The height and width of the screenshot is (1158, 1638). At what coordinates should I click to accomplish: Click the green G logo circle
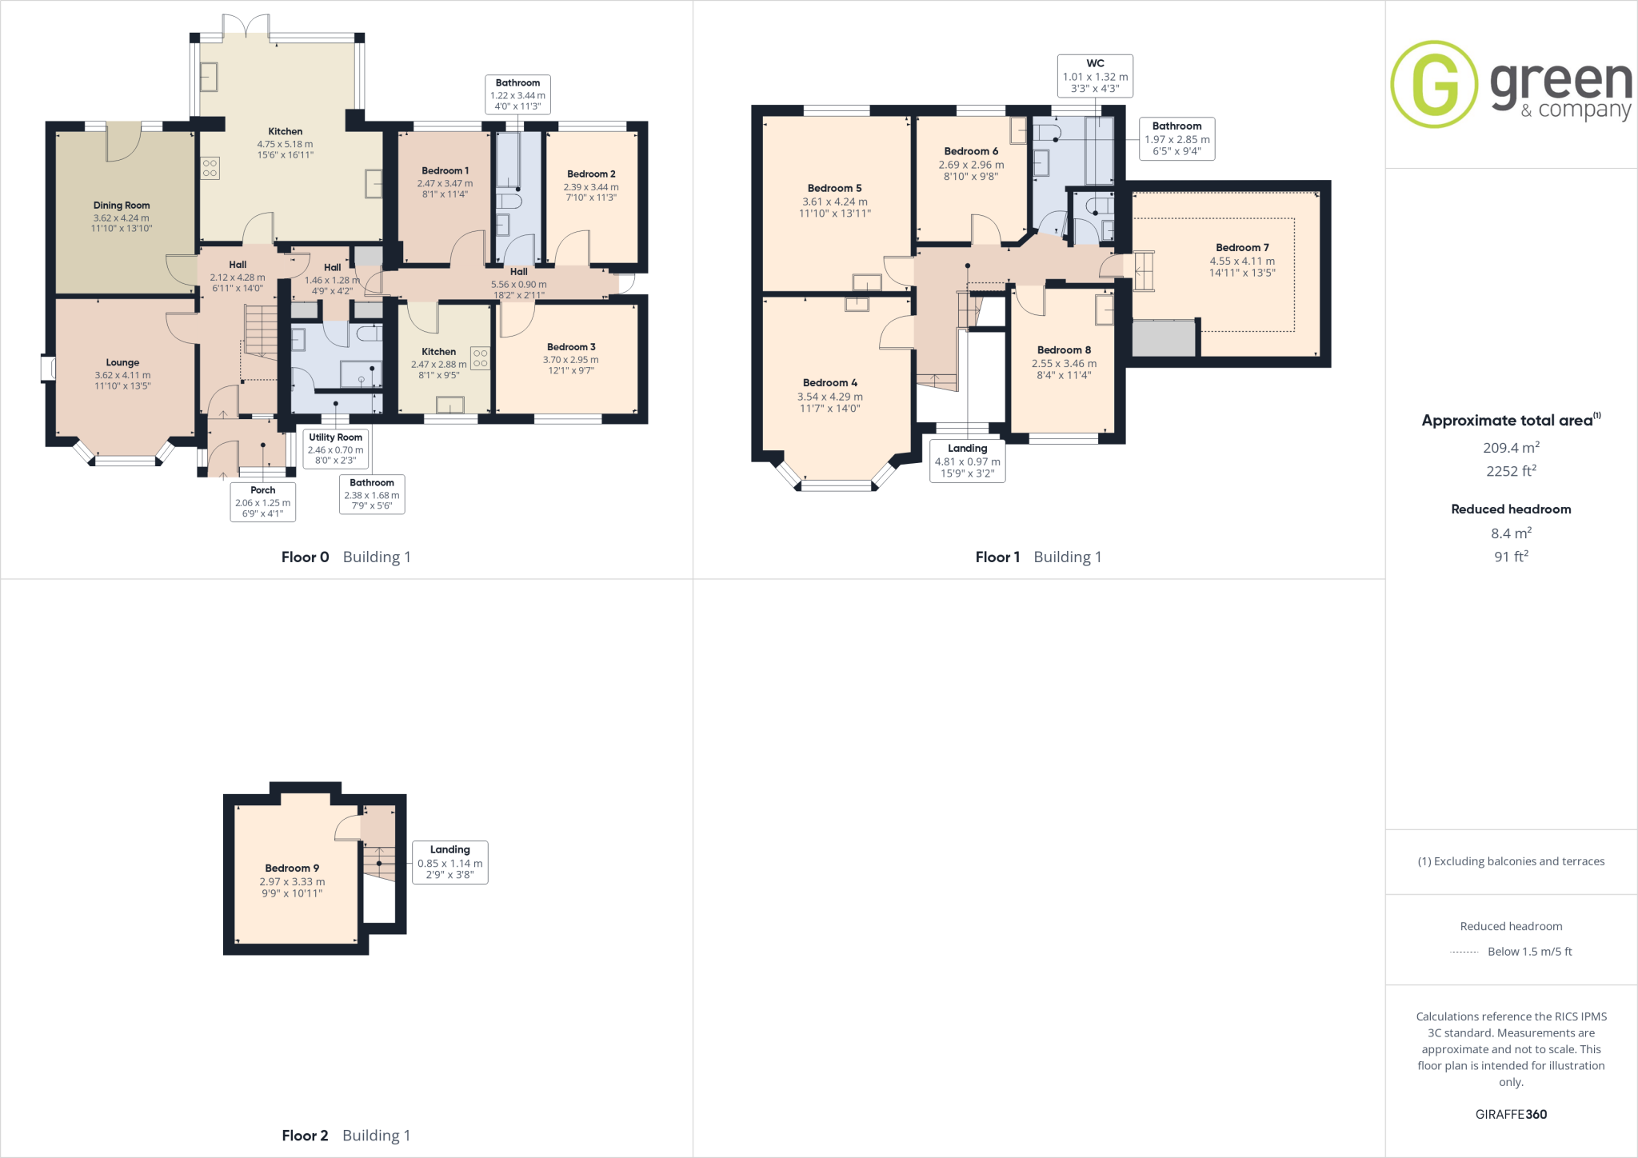1434,84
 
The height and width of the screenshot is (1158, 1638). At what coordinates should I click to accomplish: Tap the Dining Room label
122,206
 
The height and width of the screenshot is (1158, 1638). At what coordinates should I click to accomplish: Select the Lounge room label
122,362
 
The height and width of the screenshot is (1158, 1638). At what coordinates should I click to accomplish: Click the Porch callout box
262,501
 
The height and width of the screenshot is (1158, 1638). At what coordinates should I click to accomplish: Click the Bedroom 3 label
571,347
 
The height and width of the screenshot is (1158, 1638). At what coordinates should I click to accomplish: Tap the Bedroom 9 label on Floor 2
292,868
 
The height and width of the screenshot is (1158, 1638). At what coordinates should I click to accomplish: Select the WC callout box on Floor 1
1095,76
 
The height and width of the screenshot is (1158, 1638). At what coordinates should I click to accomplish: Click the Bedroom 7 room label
1242,248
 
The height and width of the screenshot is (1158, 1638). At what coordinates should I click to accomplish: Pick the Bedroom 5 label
834,189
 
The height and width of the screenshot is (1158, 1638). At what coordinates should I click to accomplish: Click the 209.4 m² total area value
1511,448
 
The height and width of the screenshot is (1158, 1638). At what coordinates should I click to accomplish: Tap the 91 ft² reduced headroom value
1511,557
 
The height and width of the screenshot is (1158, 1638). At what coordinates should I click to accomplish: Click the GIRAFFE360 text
1511,1114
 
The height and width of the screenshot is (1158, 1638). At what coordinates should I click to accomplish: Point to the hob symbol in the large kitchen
210,168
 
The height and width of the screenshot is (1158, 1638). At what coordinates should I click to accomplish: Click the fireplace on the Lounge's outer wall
49,368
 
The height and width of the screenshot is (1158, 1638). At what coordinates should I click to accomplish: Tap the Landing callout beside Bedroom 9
449,862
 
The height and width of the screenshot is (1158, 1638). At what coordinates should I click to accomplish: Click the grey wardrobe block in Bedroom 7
1164,337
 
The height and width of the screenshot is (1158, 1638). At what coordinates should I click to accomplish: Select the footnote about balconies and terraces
1511,861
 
